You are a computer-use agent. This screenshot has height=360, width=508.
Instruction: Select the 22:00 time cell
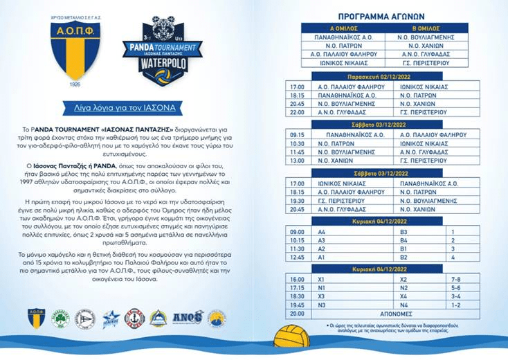coord(298,111)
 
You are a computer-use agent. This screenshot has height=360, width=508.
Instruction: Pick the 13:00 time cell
coord(298,159)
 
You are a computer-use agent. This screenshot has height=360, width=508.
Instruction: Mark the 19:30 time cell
coord(298,199)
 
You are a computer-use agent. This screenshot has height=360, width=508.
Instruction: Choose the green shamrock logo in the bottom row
coord(62,318)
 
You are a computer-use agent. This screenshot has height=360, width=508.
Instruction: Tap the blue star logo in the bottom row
coord(111,318)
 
